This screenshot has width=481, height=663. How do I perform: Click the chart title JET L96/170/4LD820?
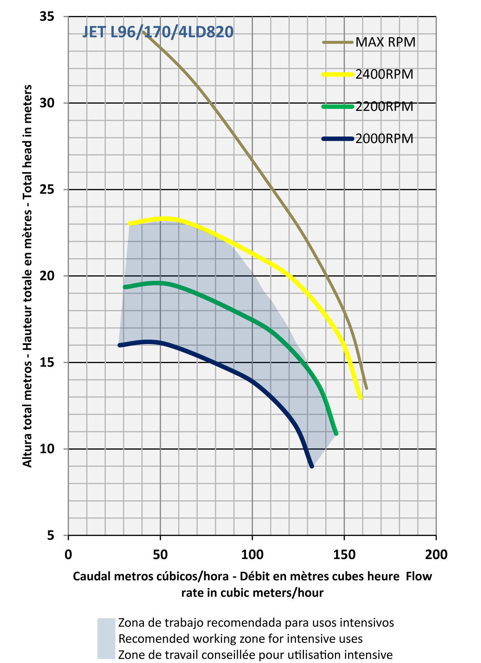158,32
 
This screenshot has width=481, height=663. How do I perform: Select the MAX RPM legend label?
386,42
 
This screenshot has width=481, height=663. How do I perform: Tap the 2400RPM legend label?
384,74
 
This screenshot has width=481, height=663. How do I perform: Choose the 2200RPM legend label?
384,107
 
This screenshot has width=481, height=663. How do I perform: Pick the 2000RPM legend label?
384,138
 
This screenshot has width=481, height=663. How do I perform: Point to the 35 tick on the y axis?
47,16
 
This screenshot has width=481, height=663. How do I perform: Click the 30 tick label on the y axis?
47,103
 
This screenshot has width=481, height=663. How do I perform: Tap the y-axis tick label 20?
47,276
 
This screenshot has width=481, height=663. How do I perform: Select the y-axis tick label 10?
47,449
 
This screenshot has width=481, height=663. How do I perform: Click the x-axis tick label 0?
68,554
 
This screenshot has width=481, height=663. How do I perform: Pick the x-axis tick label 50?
160,554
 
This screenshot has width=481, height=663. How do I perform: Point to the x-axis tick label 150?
344,554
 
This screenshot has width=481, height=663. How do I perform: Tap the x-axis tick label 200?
436,554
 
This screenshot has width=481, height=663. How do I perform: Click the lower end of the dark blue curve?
312,466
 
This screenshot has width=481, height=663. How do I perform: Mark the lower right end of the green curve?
336,434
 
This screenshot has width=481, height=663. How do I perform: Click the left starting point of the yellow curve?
130,224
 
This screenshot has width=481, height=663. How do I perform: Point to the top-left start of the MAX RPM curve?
143,32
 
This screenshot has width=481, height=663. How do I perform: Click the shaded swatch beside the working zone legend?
106,638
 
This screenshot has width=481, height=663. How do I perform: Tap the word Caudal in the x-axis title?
91,576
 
